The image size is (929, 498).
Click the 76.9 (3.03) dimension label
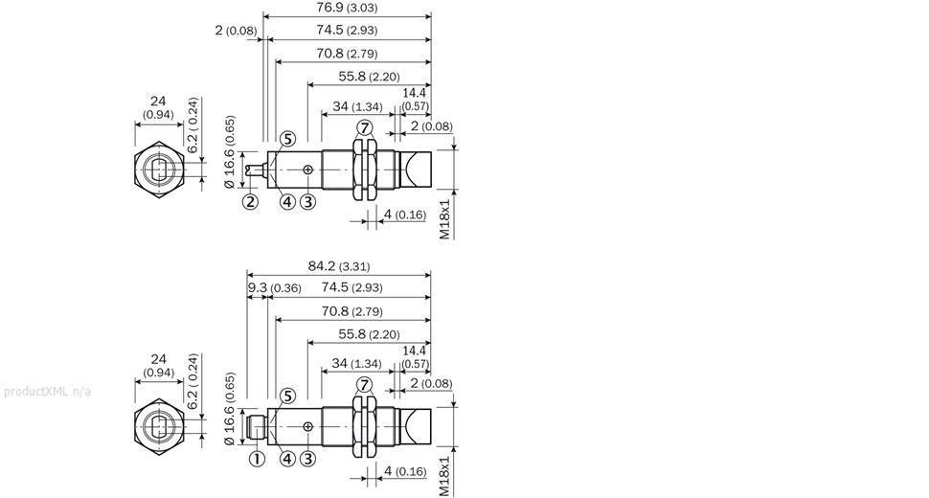point(347,8)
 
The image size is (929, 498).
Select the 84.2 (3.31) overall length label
point(339,266)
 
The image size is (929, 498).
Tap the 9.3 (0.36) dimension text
point(274,287)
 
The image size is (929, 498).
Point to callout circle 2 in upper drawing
point(251,202)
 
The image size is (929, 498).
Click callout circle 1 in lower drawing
point(257,459)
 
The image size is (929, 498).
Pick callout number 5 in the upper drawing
point(287,139)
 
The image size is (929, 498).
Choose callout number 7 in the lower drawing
point(364,386)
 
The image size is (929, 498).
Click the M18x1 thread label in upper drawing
point(445,218)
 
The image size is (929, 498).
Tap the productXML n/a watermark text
point(47,392)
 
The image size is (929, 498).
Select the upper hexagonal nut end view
point(159,170)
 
